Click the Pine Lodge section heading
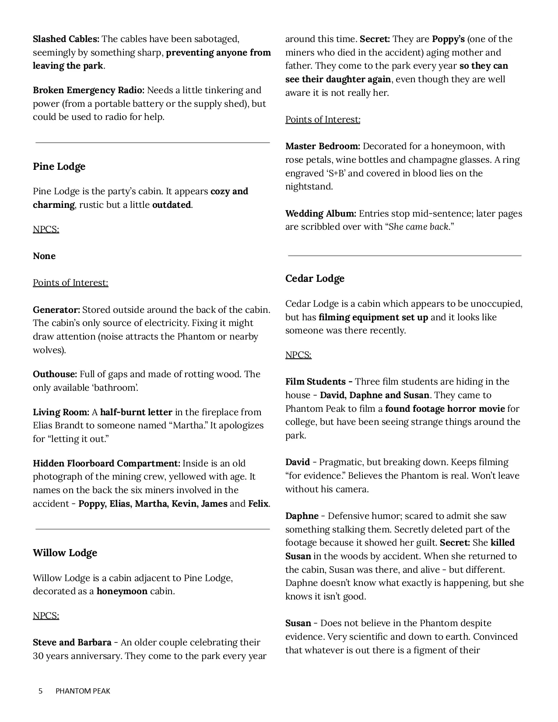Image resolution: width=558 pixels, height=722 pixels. pyautogui.click(x=59, y=167)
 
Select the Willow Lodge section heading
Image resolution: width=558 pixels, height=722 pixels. pyautogui.click(x=65, y=553)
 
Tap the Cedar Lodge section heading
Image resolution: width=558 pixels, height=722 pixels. pyautogui.click(x=315, y=279)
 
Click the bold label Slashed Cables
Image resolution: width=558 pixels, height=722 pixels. pyautogui.click(x=66, y=39)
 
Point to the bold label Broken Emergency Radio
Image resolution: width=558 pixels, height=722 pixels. pyautogui.click(x=88, y=91)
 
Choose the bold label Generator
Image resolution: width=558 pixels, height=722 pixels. pyautogui.click(x=56, y=310)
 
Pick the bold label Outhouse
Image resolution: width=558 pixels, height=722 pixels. pyautogui.click(x=55, y=374)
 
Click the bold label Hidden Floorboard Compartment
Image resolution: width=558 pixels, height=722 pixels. pyautogui.click(x=106, y=463)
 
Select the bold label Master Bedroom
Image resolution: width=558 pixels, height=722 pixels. pyautogui.click(x=323, y=146)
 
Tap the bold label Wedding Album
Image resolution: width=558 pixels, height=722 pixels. pyautogui.click(x=321, y=214)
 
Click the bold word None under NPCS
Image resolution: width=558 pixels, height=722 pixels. pyautogui.click(x=44, y=256)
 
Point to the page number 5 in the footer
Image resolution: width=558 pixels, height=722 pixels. pyautogui.click(x=41, y=691)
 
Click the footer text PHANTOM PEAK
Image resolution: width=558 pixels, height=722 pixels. pyautogui.click(x=83, y=691)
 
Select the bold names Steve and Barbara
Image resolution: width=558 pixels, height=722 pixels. pyautogui.click(x=72, y=643)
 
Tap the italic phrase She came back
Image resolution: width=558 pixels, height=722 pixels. pyautogui.click(x=418, y=227)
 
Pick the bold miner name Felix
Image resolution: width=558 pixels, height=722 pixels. pyautogui.click(x=258, y=504)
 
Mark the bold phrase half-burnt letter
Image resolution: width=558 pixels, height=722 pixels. pyautogui.click(x=136, y=412)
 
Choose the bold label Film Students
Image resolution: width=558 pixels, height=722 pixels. pyautogui.click(x=319, y=382)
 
